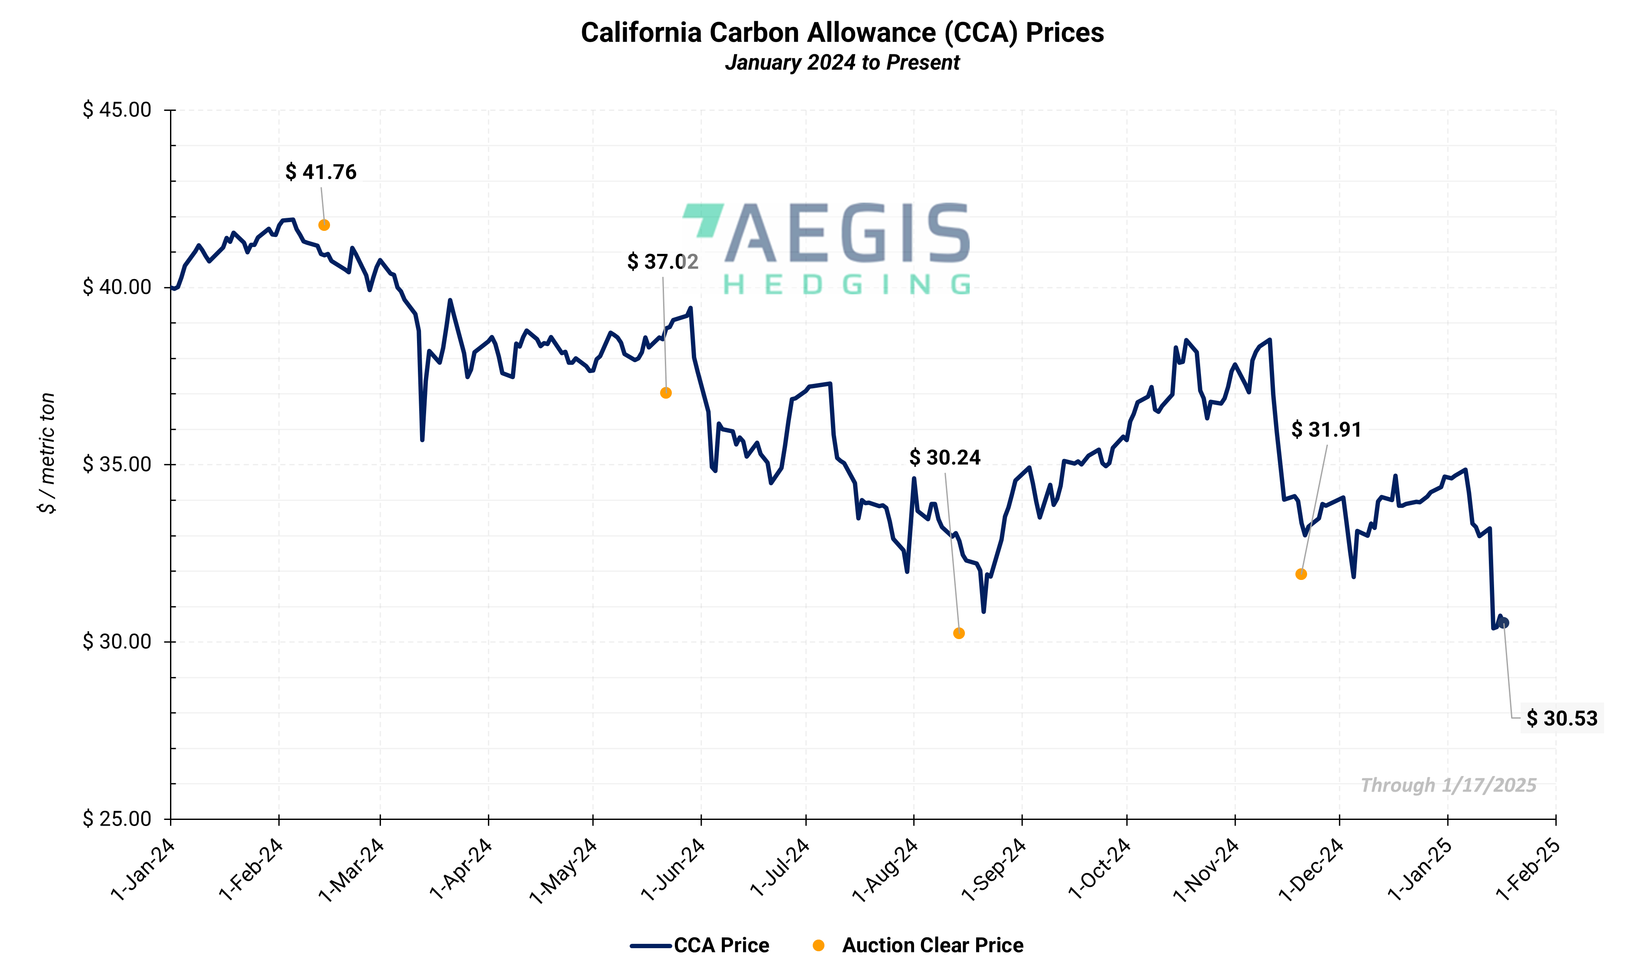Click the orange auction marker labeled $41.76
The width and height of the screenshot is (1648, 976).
pos(324,225)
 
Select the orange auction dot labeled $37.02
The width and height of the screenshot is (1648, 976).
pos(666,393)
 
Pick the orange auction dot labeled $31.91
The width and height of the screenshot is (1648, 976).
pos(1301,574)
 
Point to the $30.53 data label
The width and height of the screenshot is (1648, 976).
pos(1561,718)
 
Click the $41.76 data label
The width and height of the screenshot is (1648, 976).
pos(321,172)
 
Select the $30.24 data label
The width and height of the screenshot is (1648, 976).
pos(944,458)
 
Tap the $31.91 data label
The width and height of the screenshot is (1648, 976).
pos(1326,430)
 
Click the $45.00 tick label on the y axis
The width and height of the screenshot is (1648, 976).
pos(117,110)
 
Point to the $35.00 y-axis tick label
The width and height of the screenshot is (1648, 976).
pos(117,464)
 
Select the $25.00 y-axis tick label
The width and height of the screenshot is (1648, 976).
pos(117,819)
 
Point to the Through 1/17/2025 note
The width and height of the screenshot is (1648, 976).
pos(1448,785)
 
